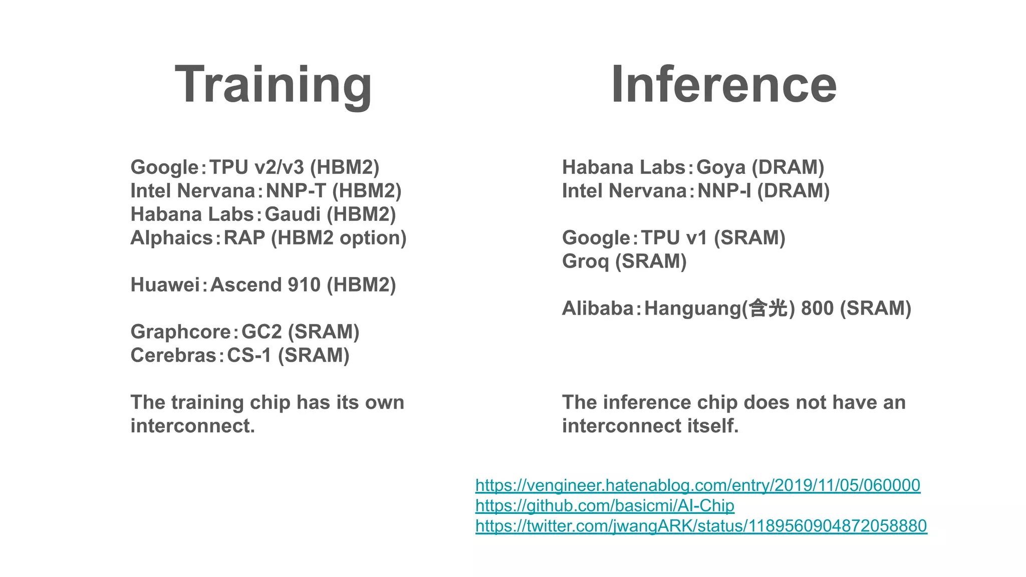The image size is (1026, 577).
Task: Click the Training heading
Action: pos(273,85)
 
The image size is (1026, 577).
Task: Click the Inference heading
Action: pos(723,85)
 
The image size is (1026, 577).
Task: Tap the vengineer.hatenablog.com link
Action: pos(697,485)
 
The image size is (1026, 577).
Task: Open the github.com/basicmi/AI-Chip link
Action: pos(605,505)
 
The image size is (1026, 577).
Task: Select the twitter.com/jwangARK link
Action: pos(701,526)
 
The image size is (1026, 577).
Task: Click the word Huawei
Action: pos(165,285)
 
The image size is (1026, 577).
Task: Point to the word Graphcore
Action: pos(180,332)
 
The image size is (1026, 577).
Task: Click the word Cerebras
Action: pos(173,356)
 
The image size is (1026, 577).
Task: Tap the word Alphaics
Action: pos(172,238)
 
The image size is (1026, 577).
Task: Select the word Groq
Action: pos(585,261)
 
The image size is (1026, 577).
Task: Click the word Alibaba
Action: pos(598,309)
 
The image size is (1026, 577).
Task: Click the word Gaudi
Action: pos(292,214)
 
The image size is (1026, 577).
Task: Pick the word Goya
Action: pos(720,167)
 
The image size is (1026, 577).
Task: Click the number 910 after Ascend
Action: pos(304,285)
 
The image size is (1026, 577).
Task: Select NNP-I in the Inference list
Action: pos(724,191)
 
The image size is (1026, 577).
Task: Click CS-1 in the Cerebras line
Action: pos(249,356)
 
